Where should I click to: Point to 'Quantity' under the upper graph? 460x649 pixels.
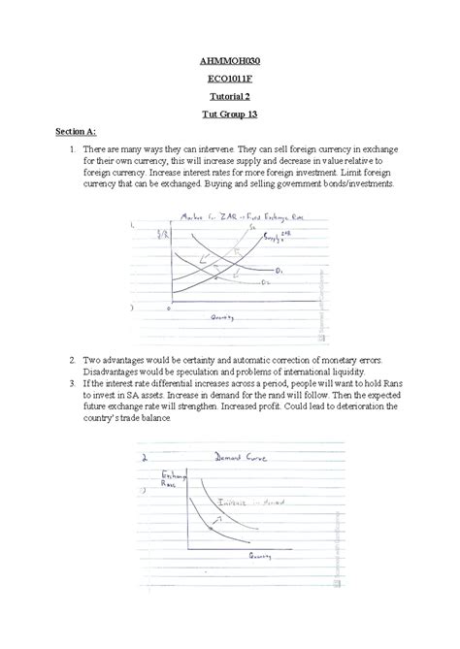point(228,316)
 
